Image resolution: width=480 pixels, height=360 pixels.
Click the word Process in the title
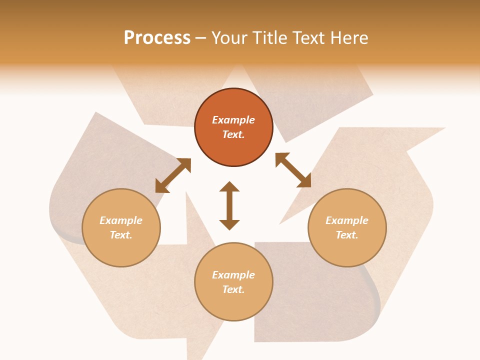point(157,38)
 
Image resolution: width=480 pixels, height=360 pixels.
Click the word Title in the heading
point(270,38)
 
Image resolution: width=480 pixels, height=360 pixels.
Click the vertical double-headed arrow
point(229,205)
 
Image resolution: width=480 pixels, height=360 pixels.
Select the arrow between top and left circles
point(173,175)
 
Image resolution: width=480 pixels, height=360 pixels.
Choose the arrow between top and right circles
point(293,170)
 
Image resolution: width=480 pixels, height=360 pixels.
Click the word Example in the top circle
point(233,120)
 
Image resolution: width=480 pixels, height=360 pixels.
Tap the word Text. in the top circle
point(233,134)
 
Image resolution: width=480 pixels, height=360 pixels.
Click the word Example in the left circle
point(121,220)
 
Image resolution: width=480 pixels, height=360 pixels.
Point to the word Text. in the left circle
point(121,235)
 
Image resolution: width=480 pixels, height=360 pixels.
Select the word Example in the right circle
point(347,220)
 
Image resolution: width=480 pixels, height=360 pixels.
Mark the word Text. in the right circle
point(347,235)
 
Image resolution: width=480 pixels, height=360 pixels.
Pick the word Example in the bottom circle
point(233,275)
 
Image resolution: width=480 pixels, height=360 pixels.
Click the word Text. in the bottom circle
point(233,289)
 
